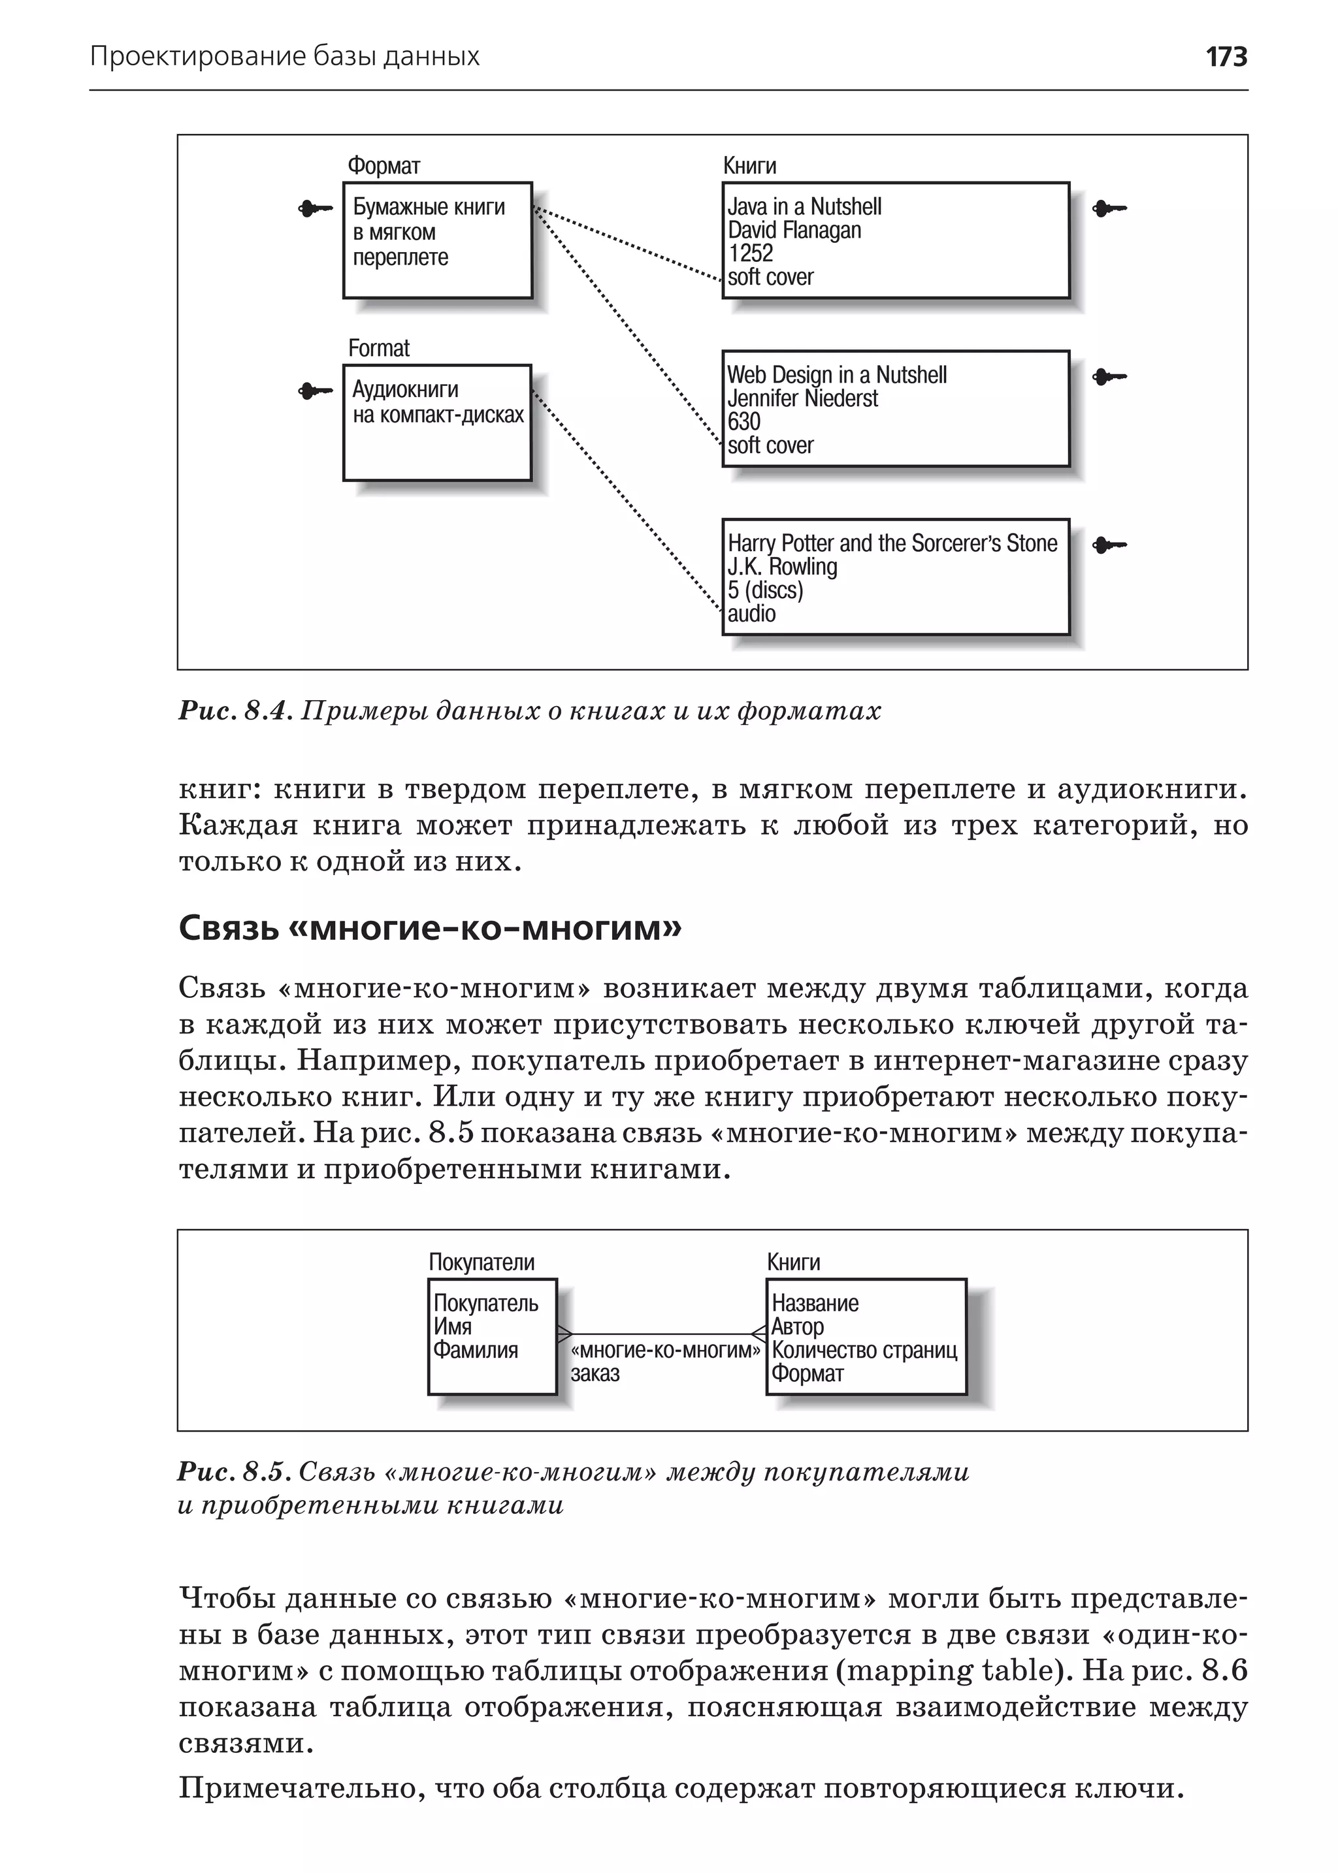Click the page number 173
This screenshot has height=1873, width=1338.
(1226, 57)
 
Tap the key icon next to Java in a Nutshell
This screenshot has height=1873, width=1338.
(1109, 208)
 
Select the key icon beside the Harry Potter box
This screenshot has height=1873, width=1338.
(1109, 545)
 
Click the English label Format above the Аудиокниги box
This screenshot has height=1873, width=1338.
(378, 348)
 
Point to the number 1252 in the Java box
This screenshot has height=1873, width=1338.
(751, 253)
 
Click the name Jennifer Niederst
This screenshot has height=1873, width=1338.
(802, 398)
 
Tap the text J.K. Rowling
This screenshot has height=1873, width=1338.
(782, 567)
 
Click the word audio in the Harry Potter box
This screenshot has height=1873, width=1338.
(751, 614)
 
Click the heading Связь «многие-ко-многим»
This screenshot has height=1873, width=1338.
(430, 928)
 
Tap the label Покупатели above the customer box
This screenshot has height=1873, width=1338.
(481, 1262)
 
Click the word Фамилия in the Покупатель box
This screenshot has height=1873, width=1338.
(476, 1350)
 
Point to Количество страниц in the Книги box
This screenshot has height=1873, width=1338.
(864, 1350)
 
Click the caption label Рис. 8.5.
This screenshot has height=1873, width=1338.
(234, 1471)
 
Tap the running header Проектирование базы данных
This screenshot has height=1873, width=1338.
(284, 57)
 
